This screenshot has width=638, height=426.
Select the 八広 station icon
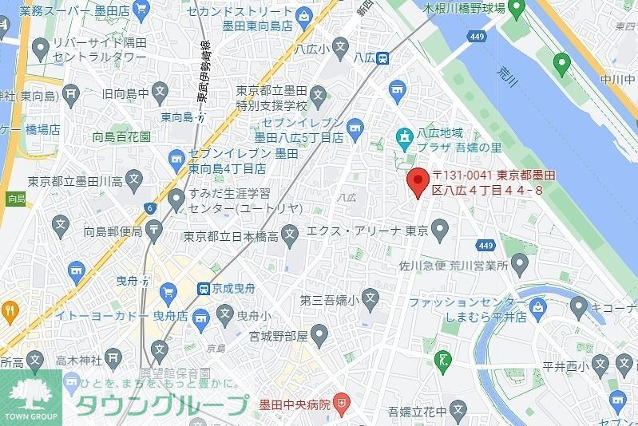point(383,57)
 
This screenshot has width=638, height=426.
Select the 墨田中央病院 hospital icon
point(343,404)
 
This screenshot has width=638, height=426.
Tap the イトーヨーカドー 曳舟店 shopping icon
point(168,291)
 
